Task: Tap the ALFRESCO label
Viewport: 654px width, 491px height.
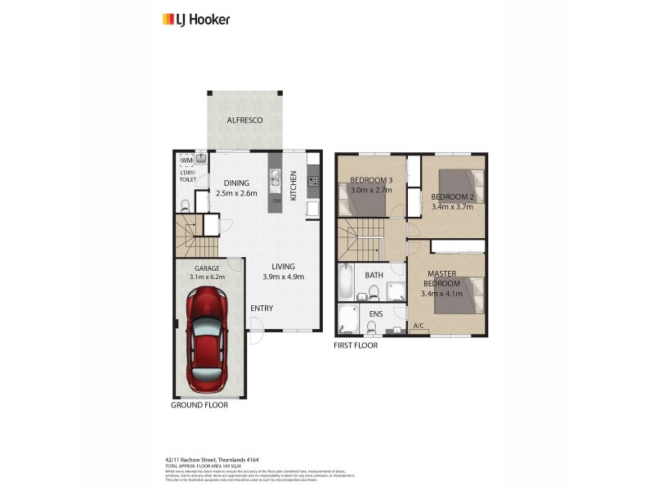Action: click(x=245, y=120)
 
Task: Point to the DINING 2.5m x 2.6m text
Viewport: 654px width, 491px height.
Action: click(x=237, y=188)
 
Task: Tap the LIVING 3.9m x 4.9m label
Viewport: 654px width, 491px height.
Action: click(x=284, y=272)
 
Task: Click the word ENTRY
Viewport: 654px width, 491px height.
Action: click(x=262, y=309)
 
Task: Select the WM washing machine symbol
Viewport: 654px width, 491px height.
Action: click(x=186, y=161)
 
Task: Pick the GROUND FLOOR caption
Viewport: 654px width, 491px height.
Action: click(x=199, y=405)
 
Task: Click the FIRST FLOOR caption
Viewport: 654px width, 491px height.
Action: click(x=356, y=345)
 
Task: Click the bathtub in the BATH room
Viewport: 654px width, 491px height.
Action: click(x=346, y=283)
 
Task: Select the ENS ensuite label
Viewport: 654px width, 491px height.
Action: click(x=376, y=313)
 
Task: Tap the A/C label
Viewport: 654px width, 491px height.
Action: click(x=418, y=327)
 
